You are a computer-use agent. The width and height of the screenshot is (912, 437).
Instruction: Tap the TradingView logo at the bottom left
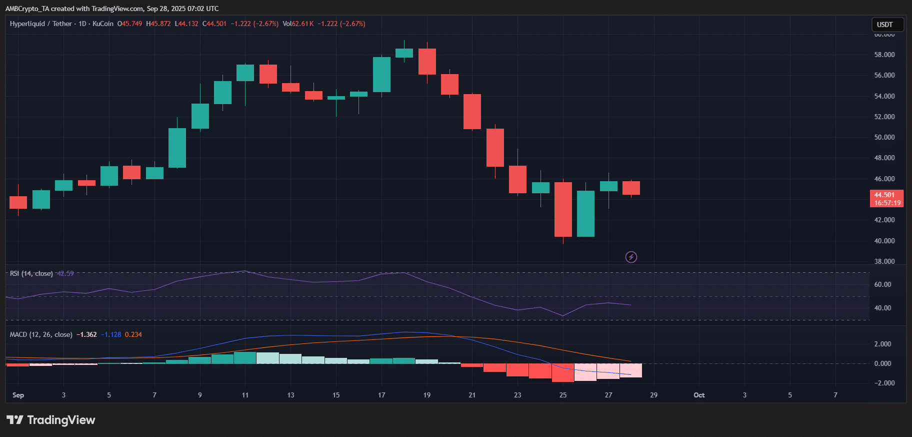click(50, 419)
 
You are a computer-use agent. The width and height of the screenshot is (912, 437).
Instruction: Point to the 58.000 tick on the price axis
click(884, 55)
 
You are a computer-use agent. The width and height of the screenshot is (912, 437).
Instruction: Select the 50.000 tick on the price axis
click(884, 137)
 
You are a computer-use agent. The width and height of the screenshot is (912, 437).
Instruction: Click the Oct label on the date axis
click(699, 395)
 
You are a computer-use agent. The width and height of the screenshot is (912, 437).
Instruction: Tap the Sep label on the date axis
click(18, 395)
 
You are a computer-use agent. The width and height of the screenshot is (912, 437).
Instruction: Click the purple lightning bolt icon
click(631, 257)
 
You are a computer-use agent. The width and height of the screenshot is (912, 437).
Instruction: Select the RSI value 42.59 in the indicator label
click(65, 273)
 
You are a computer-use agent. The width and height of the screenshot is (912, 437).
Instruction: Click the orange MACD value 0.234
click(133, 334)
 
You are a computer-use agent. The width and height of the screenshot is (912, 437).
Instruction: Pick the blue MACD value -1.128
click(111, 334)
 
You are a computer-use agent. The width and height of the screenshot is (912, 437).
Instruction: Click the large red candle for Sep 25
click(563, 209)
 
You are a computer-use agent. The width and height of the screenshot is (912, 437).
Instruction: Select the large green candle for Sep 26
click(585, 214)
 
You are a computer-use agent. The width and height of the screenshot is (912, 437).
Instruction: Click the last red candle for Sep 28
click(631, 188)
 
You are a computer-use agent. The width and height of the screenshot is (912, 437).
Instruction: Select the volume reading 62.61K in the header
click(303, 24)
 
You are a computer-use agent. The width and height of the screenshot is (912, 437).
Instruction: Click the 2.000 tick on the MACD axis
click(882, 344)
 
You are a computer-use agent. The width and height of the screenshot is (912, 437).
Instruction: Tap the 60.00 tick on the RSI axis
click(882, 284)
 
